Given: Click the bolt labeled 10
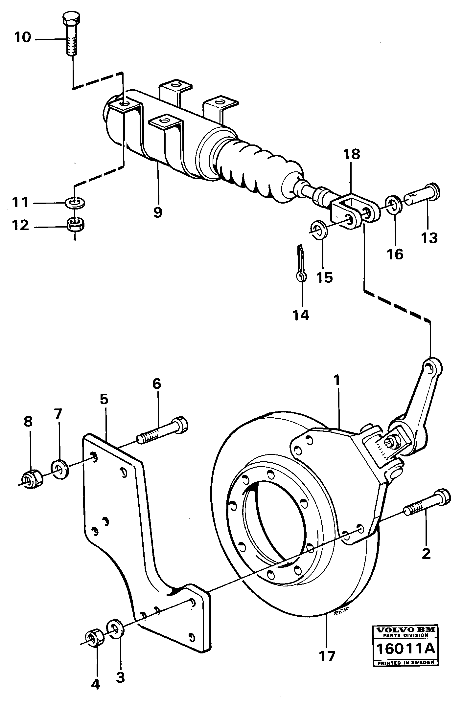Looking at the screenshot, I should [x=71, y=34].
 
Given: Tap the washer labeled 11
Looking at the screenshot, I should [x=75, y=203].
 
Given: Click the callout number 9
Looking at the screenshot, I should [x=158, y=212].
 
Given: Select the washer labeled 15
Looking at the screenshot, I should [x=318, y=230].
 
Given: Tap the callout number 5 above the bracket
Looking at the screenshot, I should [x=104, y=399].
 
